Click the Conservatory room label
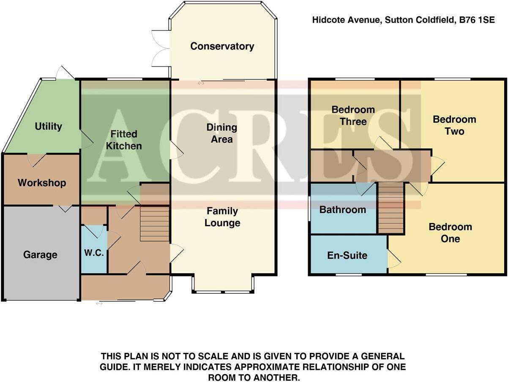click(x=222, y=46)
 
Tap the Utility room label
click(x=48, y=126)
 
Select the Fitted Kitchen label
click(x=124, y=140)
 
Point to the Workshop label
click(x=42, y=183)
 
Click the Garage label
click(x=40, y=255)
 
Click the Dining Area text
click(x=222, y=133)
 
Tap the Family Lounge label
click(x=222, y=217)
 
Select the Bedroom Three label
click(x=353, y=116)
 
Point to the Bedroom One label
click(x=450, y=233)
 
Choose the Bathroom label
click(x=342, y=209)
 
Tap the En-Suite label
click(x=347, y=255)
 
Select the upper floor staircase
click(x=391, y=208)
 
